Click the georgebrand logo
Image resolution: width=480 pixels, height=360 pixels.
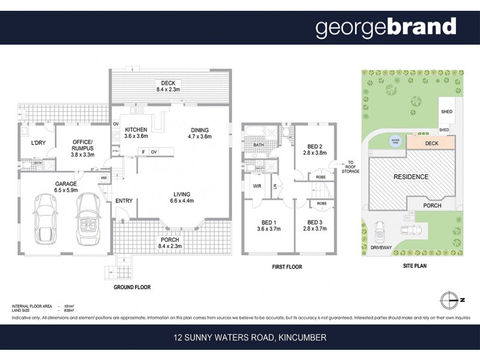point(386,28)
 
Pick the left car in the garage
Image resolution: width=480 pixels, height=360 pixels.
point(46,218)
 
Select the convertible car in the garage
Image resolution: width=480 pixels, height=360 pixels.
point(88,218)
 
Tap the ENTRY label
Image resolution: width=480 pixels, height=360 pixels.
point(124,200)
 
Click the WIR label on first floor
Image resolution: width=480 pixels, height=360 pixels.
point(256,187)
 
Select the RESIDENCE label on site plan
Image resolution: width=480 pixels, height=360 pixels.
point(411,177)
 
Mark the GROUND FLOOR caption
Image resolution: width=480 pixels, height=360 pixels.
point(131,287)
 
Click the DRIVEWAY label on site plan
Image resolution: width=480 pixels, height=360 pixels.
point(383,247)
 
